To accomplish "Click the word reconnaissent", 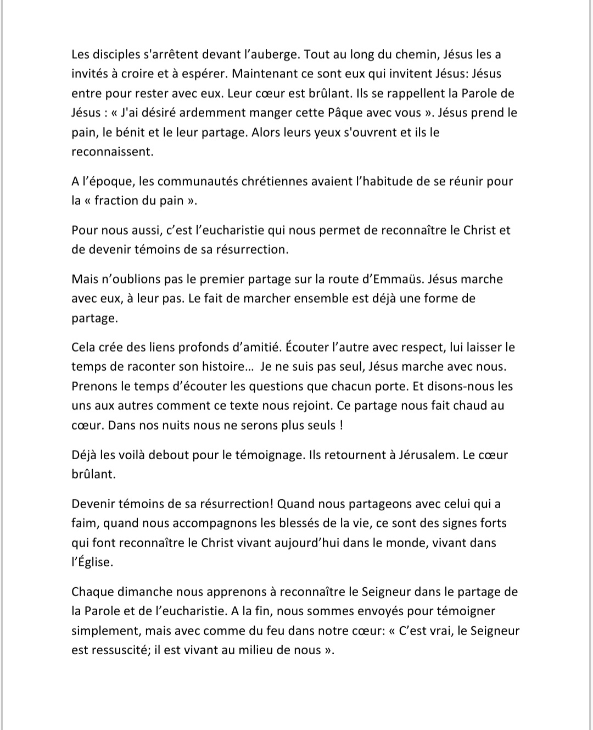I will point(112,152).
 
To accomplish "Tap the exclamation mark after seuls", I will point(342,425).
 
